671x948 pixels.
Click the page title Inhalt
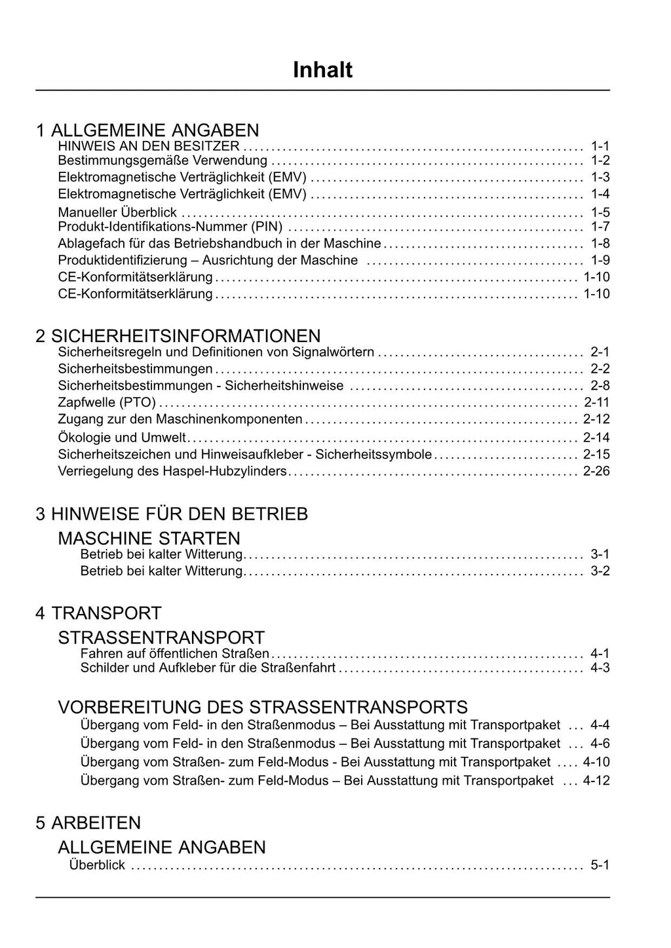322,69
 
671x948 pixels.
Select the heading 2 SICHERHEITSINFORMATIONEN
178,336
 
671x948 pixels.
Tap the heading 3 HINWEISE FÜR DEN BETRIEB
172,514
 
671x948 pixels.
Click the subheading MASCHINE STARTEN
149,539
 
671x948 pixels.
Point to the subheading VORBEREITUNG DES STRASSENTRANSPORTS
263,708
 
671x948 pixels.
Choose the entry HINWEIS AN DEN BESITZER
149,145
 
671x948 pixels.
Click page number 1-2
600,161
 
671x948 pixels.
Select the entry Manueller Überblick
117,212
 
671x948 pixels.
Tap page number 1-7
600,227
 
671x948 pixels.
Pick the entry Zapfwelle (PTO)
107,402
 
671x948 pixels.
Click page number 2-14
596,438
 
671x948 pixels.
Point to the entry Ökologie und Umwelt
122,438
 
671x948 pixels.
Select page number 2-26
596,471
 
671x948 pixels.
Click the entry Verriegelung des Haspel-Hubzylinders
172,471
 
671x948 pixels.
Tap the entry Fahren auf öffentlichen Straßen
174,653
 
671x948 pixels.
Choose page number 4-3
600,668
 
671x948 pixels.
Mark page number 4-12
596,780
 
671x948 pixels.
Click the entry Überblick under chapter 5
97,865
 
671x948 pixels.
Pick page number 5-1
600,865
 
